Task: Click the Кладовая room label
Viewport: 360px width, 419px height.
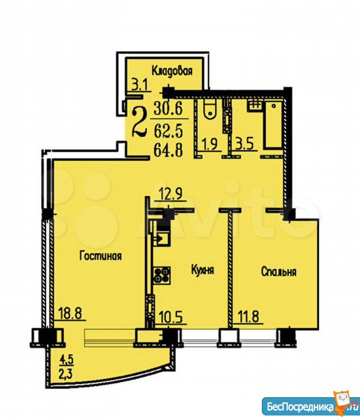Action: tap(172, 71)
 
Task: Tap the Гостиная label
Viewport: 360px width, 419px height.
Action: tap(101, 256)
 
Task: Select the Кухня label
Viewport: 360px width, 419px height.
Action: tap(203, 270)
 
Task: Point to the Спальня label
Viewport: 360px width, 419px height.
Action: tap(279, 271)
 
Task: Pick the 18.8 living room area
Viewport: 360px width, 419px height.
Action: tap(70, 313)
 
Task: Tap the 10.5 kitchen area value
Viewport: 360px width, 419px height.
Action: tap(171, 317)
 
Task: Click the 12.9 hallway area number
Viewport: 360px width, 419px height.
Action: tap(171, 193)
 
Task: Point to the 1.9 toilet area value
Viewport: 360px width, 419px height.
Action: tap(210, 144)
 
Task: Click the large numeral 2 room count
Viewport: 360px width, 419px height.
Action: tap(140, 122)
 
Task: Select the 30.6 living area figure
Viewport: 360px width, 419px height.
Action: tap(168, 109)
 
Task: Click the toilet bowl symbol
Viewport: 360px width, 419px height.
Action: tap(211, 110)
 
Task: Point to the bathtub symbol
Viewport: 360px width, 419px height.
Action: tap(274, 124)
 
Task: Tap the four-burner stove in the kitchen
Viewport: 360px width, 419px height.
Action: tap(162, 275)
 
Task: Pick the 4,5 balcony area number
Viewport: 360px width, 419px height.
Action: tap(66, 360)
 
